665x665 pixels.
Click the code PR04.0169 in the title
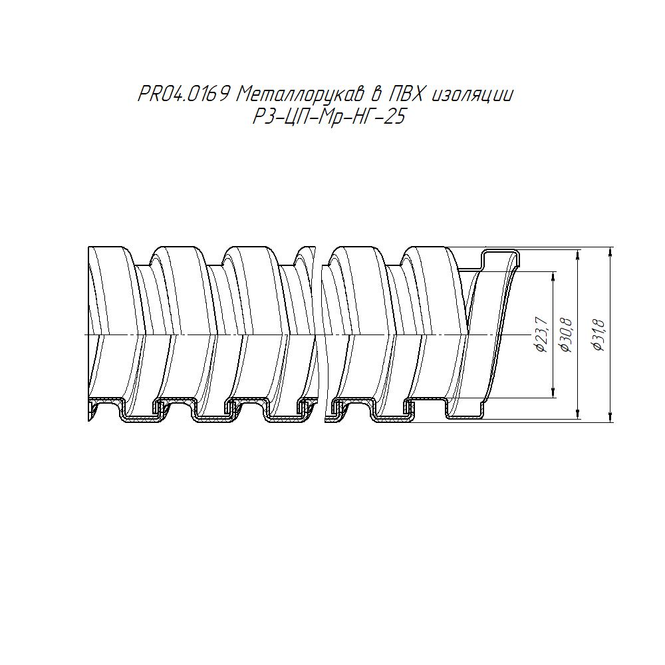pos(184,94)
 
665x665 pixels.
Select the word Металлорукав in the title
pos(299,94)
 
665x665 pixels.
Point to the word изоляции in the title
pos(472,95)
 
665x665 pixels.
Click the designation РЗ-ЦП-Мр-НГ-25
pos(329,116)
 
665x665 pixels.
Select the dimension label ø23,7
pos(543,334)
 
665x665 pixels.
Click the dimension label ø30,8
pos(567,334)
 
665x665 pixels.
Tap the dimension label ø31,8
pos(599,334)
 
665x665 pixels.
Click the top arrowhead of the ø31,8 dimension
pos(610,253)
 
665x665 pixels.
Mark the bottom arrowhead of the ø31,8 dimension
pos(610,417)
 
